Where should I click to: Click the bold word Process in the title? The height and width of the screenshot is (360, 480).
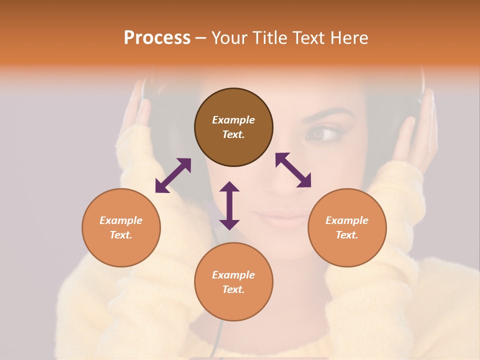(x=157, y=38)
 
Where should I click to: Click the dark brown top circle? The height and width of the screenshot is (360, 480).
(x=233, y=127)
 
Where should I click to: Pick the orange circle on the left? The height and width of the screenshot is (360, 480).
(x=121, y=227)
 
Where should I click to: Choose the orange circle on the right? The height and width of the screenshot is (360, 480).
(x=347, y=227)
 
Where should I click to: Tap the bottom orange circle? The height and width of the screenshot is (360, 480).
(x=233, y=281)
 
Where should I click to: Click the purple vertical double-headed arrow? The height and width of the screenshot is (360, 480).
(x=229, y=205)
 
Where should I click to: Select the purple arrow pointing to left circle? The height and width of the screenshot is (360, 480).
(x=173, y=175)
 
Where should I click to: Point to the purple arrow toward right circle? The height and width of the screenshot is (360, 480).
(x=293, y=170)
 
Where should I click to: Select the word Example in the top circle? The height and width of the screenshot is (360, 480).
(x=233, y=120)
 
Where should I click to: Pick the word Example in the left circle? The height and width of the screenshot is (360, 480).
(x=121, y=220)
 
